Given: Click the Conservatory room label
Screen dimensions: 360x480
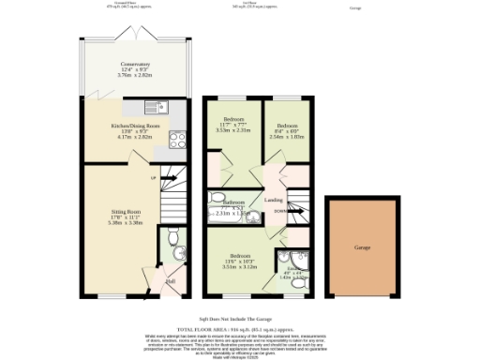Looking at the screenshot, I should point(136,64).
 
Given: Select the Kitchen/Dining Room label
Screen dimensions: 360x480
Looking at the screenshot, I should point(136,125).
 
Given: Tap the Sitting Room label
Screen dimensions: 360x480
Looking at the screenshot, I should point(120,213).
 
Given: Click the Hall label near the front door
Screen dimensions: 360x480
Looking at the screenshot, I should point(171,280).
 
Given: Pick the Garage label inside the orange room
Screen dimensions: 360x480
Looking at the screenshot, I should point(362,248).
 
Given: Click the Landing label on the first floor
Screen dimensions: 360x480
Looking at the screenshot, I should point(274,200).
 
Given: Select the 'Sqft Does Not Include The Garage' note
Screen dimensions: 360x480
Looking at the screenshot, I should point(240,318).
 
